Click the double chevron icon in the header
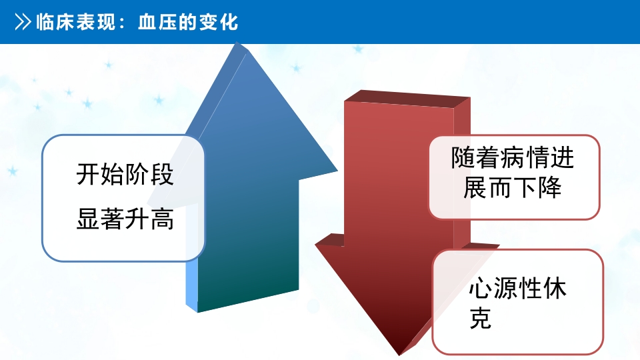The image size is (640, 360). [23, 22]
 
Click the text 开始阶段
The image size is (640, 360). [125, 175]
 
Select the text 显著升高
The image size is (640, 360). [125, 219]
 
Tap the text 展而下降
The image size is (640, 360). [512, 187]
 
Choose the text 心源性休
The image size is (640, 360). [519, 289]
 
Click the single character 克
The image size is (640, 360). [480, 319]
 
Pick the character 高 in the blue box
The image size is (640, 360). [162, 219]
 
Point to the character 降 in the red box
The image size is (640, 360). [549, 187]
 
